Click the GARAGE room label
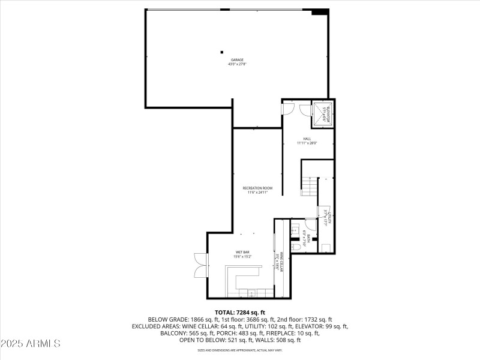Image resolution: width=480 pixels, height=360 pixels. coord(237,60)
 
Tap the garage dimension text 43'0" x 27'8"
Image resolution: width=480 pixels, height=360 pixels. coord(237,64)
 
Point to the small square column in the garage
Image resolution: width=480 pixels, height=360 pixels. coord(221,52)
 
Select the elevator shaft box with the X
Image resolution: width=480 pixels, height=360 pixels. coord(322,114)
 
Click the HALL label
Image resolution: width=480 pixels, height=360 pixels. coord(307,139)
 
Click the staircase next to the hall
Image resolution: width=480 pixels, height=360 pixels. coord(308,187)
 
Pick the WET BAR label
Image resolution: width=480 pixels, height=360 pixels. coord(242,253)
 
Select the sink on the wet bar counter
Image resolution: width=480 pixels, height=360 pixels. coord(253,293)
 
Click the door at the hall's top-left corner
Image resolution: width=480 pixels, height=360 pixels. coord(289,109)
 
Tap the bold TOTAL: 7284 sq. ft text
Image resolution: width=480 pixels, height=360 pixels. coord(239,312)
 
